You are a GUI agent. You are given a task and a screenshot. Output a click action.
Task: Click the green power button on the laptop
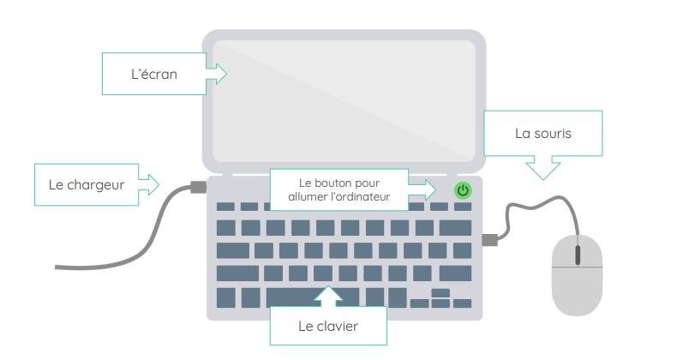(463, 190)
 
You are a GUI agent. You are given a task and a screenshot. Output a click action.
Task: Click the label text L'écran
(154, 75)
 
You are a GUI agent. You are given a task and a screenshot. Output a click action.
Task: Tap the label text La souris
(543, 134)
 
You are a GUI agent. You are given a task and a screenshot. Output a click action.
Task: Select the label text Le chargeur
(87, 184)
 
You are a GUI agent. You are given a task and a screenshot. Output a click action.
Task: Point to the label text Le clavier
(328, 326)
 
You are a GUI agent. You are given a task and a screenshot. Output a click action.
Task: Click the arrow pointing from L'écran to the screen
(217, 75)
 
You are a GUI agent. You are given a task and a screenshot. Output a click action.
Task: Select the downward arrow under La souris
(542, 168)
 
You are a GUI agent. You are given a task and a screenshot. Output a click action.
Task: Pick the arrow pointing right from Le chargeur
(149, 183)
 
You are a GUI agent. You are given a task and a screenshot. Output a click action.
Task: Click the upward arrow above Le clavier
(329, 296)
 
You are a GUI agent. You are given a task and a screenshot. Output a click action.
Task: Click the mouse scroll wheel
(577, 255)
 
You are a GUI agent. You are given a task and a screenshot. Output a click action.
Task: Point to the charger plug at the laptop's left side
(198, 186)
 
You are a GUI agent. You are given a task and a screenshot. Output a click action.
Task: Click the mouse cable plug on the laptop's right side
(489, 240)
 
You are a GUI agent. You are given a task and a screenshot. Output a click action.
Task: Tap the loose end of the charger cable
(58, 267)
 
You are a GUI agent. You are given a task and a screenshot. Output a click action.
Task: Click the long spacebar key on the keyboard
(300, 297)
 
